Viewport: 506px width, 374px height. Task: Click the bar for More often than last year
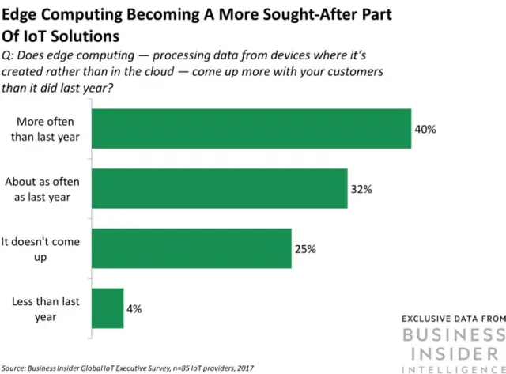(251, 128)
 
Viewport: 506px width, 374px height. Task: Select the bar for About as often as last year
(220, 188)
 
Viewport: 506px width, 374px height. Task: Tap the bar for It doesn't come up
(192, 248)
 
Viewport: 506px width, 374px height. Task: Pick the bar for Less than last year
(108, 308)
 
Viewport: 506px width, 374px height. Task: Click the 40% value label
(425, 129)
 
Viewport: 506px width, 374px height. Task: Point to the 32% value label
(361, 189)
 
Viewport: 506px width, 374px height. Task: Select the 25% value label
(305, 249)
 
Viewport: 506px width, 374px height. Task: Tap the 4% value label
(134, 308)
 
